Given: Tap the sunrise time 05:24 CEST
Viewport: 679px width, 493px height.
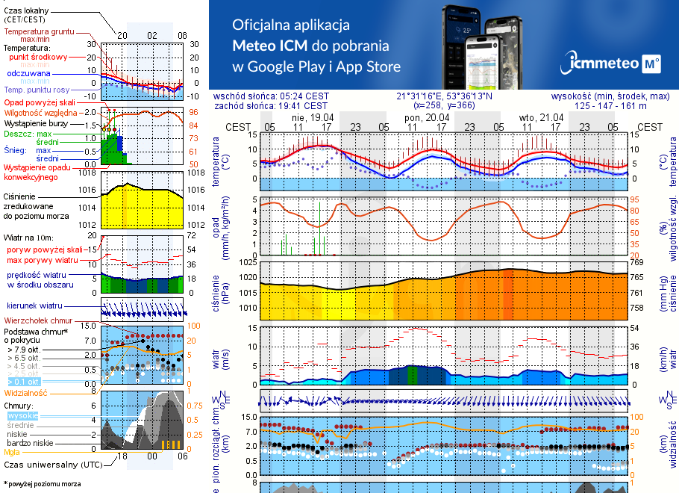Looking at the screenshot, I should tap(302, 96).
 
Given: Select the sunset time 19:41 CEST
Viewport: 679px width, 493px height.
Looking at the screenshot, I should tap(302, 106).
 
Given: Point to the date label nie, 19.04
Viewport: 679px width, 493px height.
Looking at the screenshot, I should tap(313, 117).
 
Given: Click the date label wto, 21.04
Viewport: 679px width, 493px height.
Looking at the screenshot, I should tap(541, 117).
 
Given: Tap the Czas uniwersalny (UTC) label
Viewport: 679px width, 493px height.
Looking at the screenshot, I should tap(52, 465).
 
